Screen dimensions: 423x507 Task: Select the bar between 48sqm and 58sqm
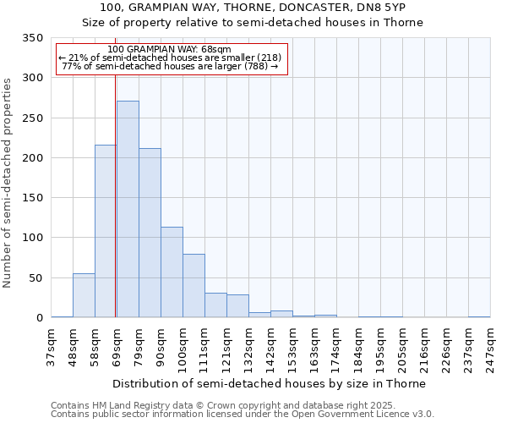(x=84, y=295)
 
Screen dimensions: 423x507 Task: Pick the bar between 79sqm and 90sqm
(x=150, y=233)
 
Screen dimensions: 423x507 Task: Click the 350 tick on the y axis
(x=33, y=38)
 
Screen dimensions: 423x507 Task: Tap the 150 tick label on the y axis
(x=33, y=198)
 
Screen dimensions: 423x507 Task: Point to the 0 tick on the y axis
(x=39, y=318)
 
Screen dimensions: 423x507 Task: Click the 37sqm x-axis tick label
(x=51, y=348)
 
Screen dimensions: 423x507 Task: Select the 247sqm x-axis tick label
(x=490, y=348)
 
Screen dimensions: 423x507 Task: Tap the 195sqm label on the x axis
(x=380, y=348)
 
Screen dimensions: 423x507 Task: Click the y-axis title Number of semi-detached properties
(x=8, y=183)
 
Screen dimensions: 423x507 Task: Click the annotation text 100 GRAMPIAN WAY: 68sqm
(x=170, y=50)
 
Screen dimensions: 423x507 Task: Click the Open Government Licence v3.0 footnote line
(x=243, y=415)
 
